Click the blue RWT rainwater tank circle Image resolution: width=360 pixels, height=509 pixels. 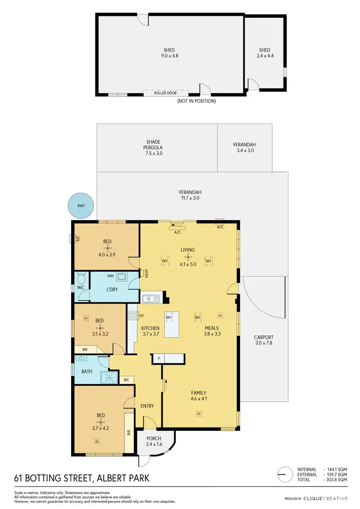click(80, 206)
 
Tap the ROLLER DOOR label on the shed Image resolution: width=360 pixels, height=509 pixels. click(165, 93)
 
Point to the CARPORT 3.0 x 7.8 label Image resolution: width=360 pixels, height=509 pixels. click(264, 340)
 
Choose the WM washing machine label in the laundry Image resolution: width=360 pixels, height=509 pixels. click(110, 276)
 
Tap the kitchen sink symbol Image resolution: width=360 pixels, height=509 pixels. click(151, 299)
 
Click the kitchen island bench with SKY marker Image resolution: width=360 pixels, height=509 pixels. click(171, 324)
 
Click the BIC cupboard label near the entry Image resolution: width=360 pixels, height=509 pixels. click(126, 380)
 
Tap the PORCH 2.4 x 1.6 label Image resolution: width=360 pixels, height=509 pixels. click(154, 441)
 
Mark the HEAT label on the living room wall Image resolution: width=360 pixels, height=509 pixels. click(146, 273)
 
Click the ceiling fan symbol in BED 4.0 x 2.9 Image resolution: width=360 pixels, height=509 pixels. click(108, 248)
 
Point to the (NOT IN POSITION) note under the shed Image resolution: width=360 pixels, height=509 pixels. click(196, 101)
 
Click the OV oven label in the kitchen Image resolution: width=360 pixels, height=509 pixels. click(142, 316)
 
